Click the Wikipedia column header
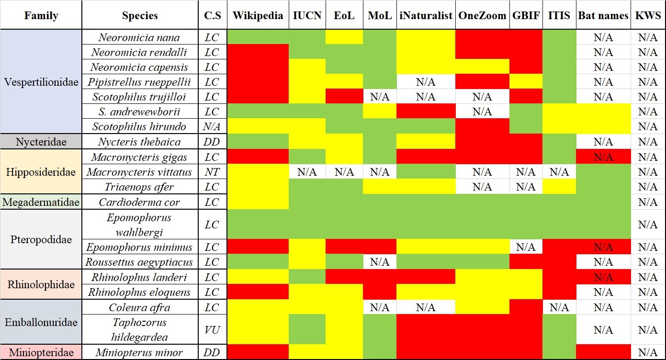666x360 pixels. pos(258,15)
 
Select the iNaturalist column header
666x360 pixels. pos(426,15)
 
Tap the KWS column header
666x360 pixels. pos(648,15)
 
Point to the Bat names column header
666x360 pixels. pos(603,15)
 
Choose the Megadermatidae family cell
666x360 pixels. pos(41,202)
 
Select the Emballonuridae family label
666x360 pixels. pos(41,322)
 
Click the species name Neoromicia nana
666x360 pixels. pos(139,37)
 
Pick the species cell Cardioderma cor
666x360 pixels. pos(139,202)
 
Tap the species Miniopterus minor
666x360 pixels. pos(139,353)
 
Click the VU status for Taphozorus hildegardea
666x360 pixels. pos(212,330)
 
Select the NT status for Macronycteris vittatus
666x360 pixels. pos(212,172)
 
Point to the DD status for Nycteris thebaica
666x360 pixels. pos(212,142)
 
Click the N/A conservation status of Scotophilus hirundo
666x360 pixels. pos(212,127)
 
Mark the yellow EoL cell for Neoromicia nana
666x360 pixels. pos(344,37)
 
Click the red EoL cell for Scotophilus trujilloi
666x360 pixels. pos(344,97)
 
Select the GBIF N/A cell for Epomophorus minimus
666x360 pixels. pos(525,247)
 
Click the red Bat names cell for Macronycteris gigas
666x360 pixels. pos(603,157)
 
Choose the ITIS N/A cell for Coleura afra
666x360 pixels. pos(559,307)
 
